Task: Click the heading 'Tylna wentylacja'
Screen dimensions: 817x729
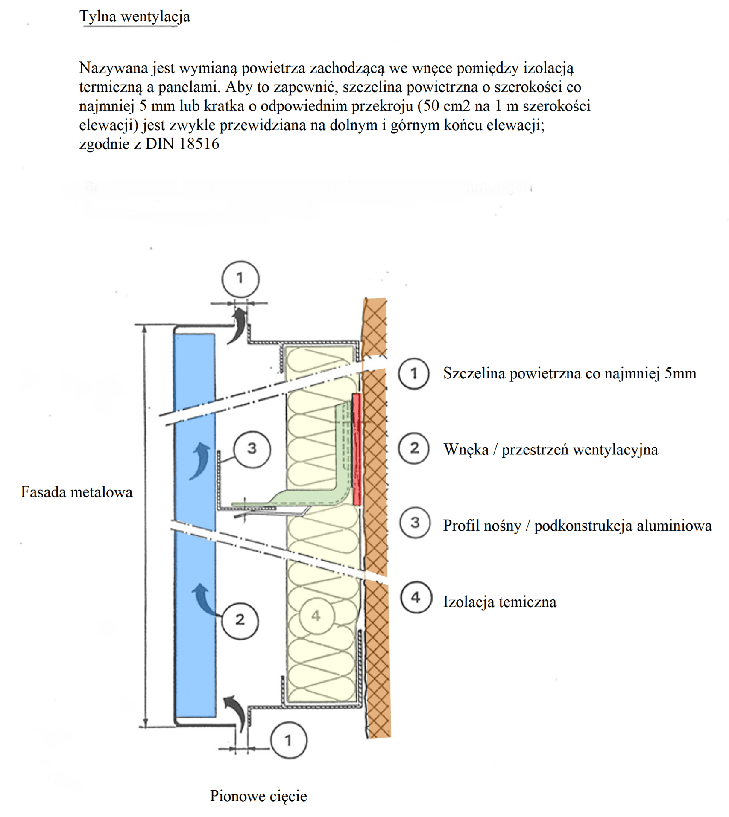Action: pos(135,16)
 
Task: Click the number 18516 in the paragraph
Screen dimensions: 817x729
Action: pos(199,144)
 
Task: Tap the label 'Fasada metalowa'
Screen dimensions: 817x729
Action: pos(76,492)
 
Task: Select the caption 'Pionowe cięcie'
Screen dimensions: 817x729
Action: pos(258,796)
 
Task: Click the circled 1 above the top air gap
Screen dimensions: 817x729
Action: pos(240,279)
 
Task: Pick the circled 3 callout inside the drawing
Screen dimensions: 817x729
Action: pos(252,449)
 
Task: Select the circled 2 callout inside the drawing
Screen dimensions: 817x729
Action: pos(240,620)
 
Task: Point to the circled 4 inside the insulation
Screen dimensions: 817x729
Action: pos(316,616)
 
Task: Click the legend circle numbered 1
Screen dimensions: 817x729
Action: pos(413,374)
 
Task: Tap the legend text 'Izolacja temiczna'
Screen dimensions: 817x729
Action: pos(500,602)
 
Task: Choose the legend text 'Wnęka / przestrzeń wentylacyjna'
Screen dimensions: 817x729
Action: pos(550,450)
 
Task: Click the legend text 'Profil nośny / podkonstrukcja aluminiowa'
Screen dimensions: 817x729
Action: pos(577,526)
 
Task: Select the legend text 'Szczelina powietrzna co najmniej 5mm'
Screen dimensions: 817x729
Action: pos(569,373)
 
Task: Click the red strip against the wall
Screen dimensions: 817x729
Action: pos(357,448)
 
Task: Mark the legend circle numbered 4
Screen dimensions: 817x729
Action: pos(416,598)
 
